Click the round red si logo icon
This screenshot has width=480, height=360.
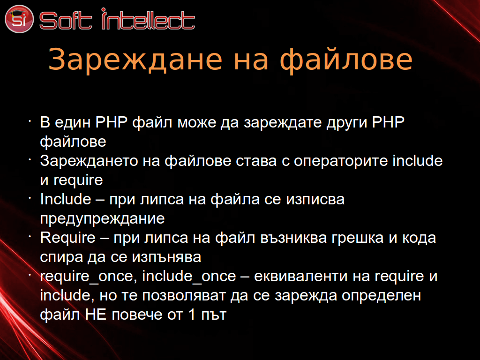click(19, 19)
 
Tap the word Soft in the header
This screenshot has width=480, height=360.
click(66, 21)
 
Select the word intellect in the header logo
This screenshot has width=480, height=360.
click(148, 19)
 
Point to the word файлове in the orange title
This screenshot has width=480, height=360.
click(346, 60)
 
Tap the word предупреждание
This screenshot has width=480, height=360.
click(102, 219)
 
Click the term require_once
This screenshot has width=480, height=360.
click(87, 277)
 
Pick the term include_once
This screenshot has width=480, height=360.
click(189, 277)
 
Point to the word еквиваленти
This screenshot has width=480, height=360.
click(301, 277)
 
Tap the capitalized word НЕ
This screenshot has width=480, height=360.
click(96, 315)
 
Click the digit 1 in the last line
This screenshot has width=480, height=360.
click(192, 315)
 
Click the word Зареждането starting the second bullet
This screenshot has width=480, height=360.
click(89, 161)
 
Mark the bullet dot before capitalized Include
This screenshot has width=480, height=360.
click(30, 198)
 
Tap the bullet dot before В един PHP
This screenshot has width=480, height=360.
click(30, 121)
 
